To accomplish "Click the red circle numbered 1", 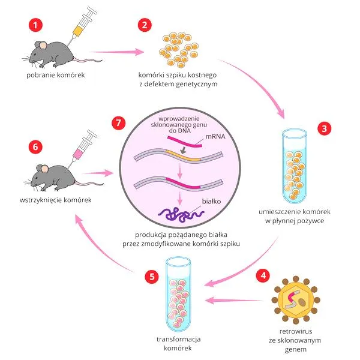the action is coord(35,25).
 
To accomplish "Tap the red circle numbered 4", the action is coord(263,275).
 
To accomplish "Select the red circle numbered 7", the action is coord(118,122).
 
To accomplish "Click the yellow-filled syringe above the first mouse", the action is coord(82,26).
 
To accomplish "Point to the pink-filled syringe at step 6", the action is coord(82,149).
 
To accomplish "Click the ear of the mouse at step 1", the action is coord(43,46).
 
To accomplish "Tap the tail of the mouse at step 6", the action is coord(89,183).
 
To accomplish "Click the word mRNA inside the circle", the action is coord(215,136).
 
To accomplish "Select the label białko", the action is coord(211,202).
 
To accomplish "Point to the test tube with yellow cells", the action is coord(295,166).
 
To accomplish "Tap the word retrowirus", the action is coord(296,331).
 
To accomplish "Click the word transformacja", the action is coord(179,339).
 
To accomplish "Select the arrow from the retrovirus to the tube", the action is coord(234,300).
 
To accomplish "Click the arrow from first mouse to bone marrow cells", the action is coord(116,52).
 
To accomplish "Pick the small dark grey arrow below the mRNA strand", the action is coord(183,150).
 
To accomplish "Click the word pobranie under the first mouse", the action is coord(41,75).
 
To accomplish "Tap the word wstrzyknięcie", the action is coord(41,200).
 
